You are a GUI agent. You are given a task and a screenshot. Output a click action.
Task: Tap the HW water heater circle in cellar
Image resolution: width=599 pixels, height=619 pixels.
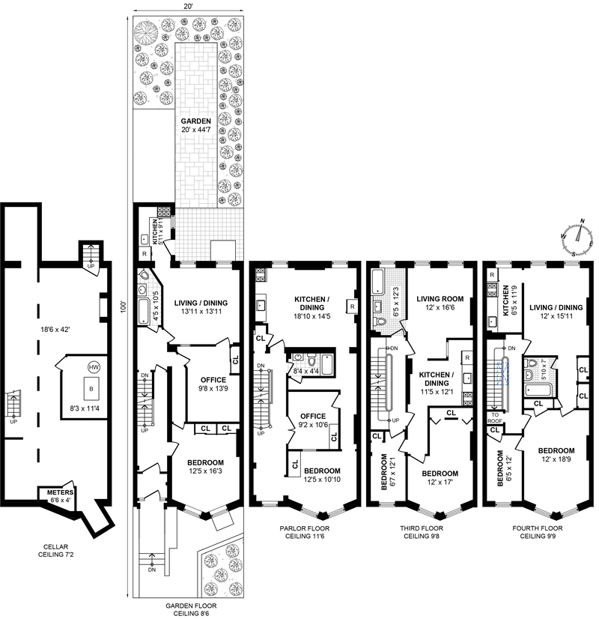click(94, 367)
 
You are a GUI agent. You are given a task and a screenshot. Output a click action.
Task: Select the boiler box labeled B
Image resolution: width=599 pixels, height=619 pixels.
click(91, 389)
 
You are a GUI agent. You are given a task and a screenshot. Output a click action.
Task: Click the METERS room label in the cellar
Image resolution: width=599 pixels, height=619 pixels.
click(61, 492)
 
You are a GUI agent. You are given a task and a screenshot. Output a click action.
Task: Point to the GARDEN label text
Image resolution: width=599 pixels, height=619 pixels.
click(196, 121)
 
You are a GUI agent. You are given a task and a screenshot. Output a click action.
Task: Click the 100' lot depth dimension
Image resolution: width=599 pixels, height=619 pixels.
click(124, 307)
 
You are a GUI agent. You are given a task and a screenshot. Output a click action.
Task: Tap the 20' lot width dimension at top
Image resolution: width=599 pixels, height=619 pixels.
click(188, 5)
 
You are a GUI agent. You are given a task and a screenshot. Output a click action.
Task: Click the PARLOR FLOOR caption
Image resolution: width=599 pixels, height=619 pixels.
click(305, 528)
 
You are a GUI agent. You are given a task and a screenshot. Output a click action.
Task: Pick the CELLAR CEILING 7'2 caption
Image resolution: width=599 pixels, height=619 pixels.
click(56, 551)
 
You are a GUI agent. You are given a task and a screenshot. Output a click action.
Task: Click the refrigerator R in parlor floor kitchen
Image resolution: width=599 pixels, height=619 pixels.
click(352, 307)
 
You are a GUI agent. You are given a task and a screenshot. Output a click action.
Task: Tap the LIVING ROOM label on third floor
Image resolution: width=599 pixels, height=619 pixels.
click(440, 299)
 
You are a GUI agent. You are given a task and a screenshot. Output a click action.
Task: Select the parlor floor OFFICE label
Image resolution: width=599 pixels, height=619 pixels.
click(313, 416)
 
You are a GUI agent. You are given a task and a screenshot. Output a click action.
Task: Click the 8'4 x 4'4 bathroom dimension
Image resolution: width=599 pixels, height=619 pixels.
click(306, 371)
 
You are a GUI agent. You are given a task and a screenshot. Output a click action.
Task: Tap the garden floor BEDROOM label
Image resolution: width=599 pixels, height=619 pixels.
click(205, 462)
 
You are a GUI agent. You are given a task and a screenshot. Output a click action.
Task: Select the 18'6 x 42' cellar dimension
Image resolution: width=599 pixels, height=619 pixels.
click(55, 329)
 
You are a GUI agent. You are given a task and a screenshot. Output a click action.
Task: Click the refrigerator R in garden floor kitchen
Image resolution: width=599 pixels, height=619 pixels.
click(145, 254)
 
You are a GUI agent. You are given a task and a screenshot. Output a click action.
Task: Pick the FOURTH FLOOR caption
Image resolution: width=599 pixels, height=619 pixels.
click(538, 528)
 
